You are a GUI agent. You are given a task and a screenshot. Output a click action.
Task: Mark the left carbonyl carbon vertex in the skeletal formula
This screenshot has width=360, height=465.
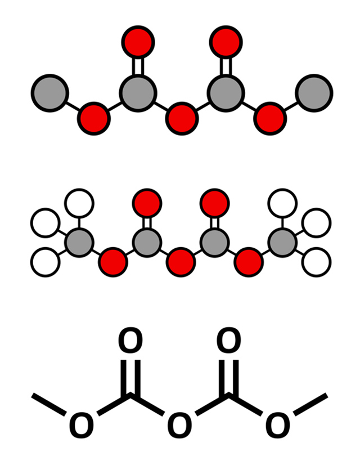(x=130, y=395)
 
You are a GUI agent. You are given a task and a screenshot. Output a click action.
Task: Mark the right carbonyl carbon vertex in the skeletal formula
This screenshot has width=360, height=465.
(x=229, y=395)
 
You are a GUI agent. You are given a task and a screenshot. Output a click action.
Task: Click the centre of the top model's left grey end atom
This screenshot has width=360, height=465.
(x=50, y=93)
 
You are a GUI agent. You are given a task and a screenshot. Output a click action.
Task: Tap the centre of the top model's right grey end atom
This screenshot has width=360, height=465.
(x=314, y=93)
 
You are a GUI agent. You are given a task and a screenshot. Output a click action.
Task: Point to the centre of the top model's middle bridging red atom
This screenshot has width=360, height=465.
(x=182, y=119)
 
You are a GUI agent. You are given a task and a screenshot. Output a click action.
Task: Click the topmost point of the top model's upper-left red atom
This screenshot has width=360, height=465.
(x=138, y=25)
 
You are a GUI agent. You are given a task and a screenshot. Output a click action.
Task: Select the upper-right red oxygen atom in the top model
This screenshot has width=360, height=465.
(x=226, y=42)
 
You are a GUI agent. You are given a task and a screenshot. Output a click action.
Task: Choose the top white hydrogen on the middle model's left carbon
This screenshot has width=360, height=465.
(x=79, y=203)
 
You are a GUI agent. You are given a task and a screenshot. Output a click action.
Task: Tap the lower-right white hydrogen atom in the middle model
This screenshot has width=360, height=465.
(x=317, y=262)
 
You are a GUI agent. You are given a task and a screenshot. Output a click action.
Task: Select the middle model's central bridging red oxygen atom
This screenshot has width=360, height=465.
(x=181, y=262)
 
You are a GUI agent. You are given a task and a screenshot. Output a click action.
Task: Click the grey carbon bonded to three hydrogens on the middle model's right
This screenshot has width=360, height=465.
(x=282, y=242)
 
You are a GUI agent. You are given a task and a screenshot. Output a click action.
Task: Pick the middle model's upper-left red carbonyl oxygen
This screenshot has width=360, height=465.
(x=147, y=203)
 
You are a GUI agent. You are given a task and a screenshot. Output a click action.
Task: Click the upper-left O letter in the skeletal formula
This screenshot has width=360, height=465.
(x=130, y=341)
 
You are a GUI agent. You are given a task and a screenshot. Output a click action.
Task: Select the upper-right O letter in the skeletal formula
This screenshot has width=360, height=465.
(x=229, y=341)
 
